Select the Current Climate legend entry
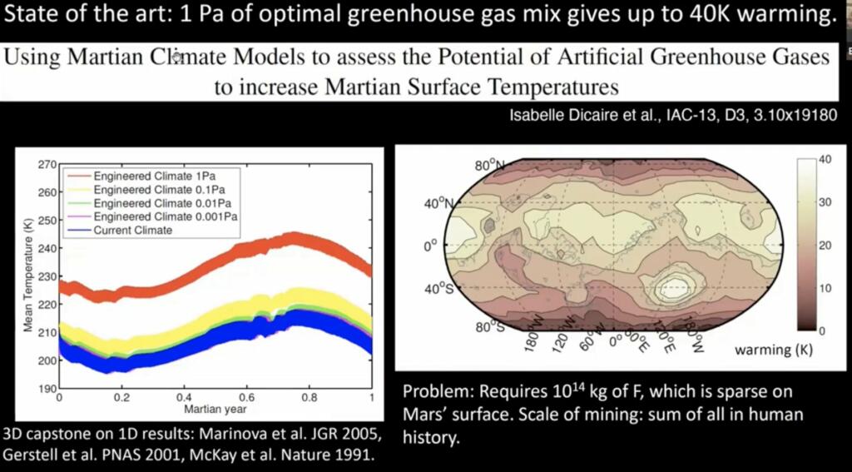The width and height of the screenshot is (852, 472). click(x=132, y=230)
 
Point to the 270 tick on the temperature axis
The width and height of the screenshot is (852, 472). click(x=47, y=165)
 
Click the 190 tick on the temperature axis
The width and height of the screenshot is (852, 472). click(x=47, y=389)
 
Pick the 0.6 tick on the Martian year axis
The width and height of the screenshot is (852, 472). click(x=247, y=398)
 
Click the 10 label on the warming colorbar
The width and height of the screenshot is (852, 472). click(x=825, y=288)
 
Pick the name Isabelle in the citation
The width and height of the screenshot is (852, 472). click(x=537, y=116)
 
